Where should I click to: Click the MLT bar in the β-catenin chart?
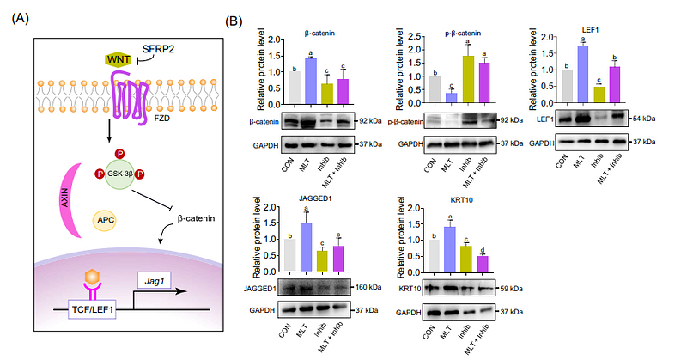[311, 78]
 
